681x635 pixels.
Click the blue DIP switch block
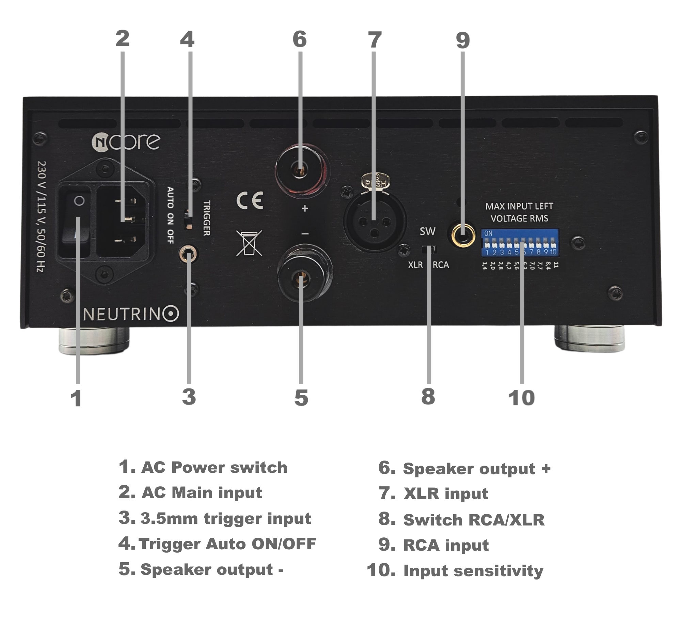coord(520,243)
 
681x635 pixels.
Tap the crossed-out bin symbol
coord(249,243)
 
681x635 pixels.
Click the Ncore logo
coord(126,141)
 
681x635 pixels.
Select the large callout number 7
coord(374,40)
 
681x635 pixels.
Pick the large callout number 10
coord(521,398)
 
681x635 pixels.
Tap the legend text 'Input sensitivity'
coord(473,571)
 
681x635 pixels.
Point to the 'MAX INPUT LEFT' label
coord(519,206)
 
